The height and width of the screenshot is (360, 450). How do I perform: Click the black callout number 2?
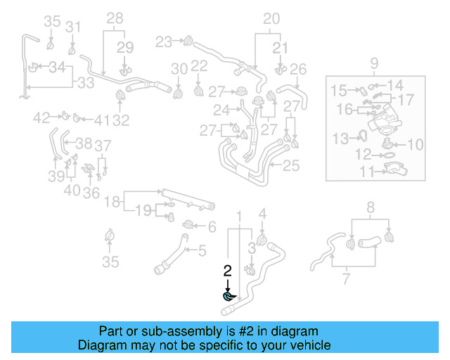point(227,270)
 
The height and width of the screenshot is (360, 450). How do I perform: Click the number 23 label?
point(164,42)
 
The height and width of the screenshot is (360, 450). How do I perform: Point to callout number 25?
point(291,166)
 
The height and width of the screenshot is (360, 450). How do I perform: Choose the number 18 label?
point(111,202)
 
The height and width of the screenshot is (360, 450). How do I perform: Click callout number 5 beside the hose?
point(201,250)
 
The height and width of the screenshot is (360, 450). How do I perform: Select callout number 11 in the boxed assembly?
point(366,171)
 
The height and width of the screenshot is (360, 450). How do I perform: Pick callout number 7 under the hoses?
point(346,281)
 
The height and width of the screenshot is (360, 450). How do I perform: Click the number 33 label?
point(85,83)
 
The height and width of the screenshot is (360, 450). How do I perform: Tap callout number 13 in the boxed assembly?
point(340,137)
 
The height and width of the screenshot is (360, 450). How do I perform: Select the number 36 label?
point(91,192)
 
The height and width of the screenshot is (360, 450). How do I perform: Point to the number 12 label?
point(364,153)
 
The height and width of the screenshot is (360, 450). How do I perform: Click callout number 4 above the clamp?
point(262,214)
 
